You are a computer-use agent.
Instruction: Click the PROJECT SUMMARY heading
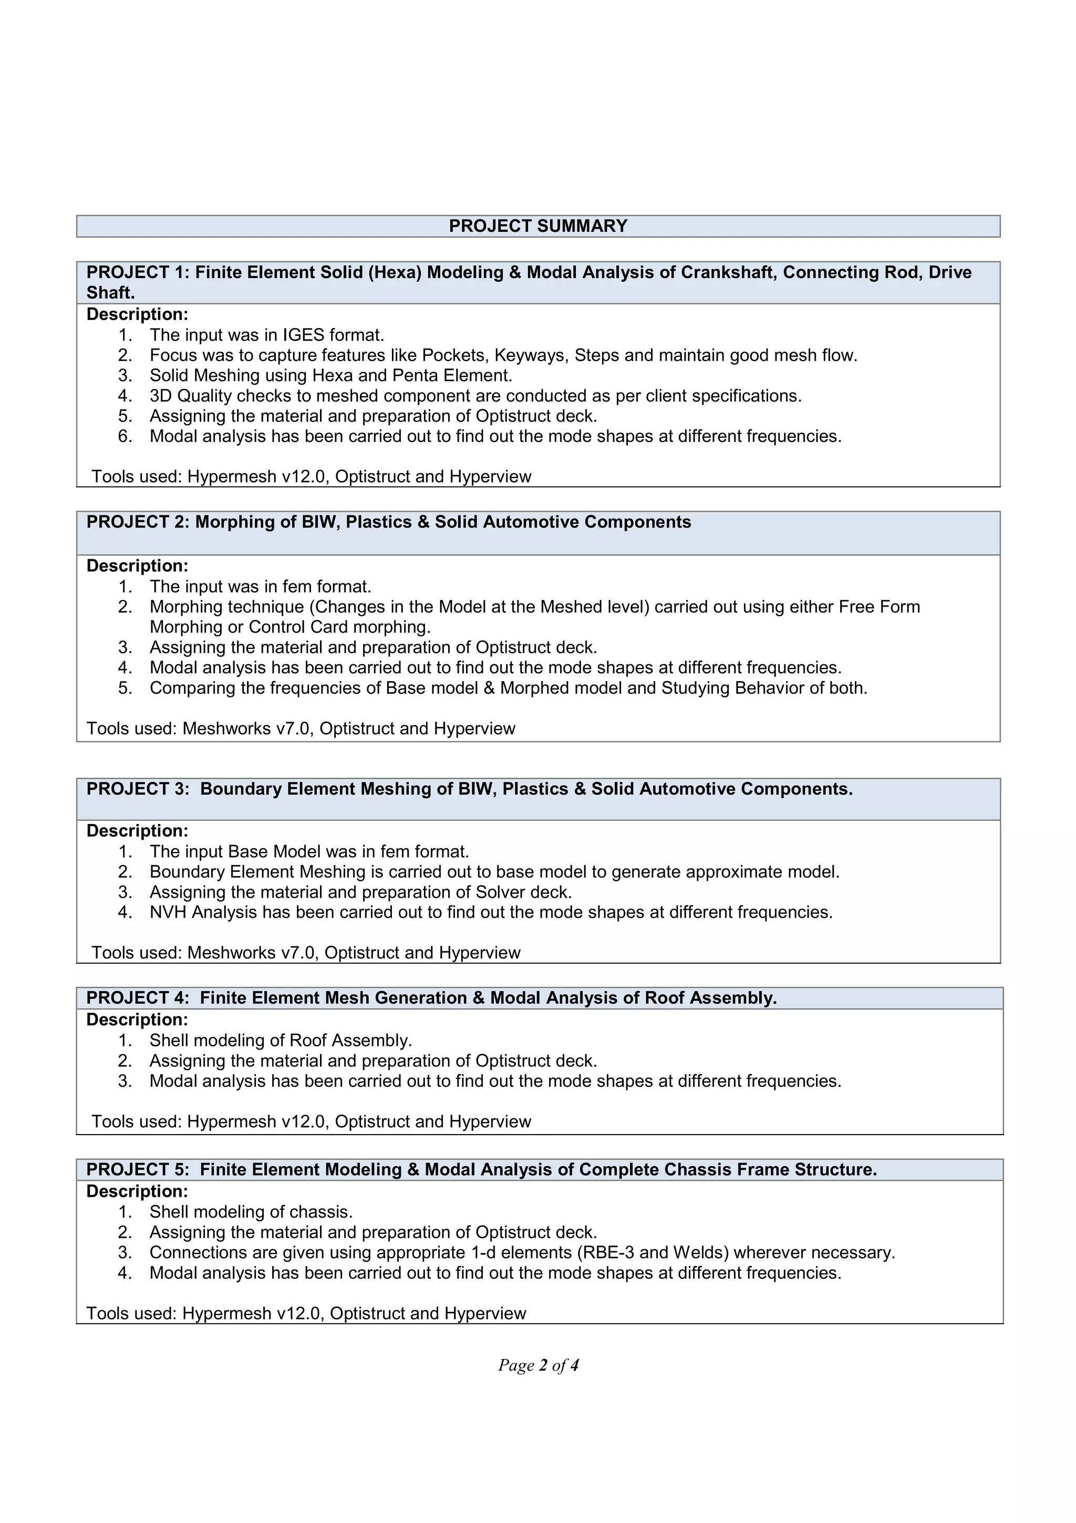(x=537, y=226)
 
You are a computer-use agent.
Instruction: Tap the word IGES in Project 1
(x=304, y=335)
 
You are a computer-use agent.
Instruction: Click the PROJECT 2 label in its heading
(x=137, y=522)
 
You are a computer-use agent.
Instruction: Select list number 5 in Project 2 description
(x=125, y=688)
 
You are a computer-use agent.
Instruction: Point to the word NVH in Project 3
(x=169, y=912)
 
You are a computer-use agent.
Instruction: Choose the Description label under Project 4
(x=137, y=1020)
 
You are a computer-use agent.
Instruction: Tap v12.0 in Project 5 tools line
(x=298, y=1313)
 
